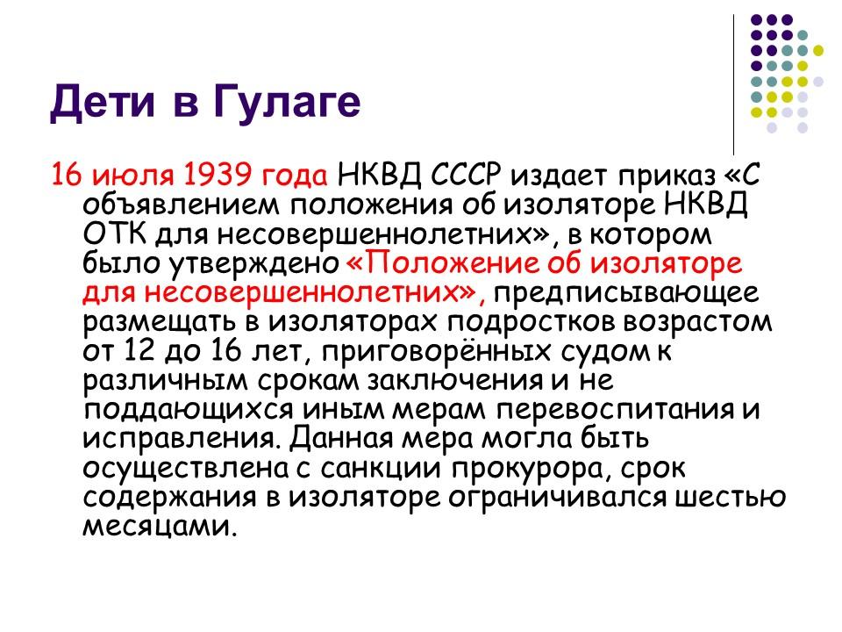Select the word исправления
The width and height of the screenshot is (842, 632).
(x=180, y=438)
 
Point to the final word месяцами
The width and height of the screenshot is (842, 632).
(x=159, y=526)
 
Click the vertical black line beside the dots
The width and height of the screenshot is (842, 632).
(x=734, y=83)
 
